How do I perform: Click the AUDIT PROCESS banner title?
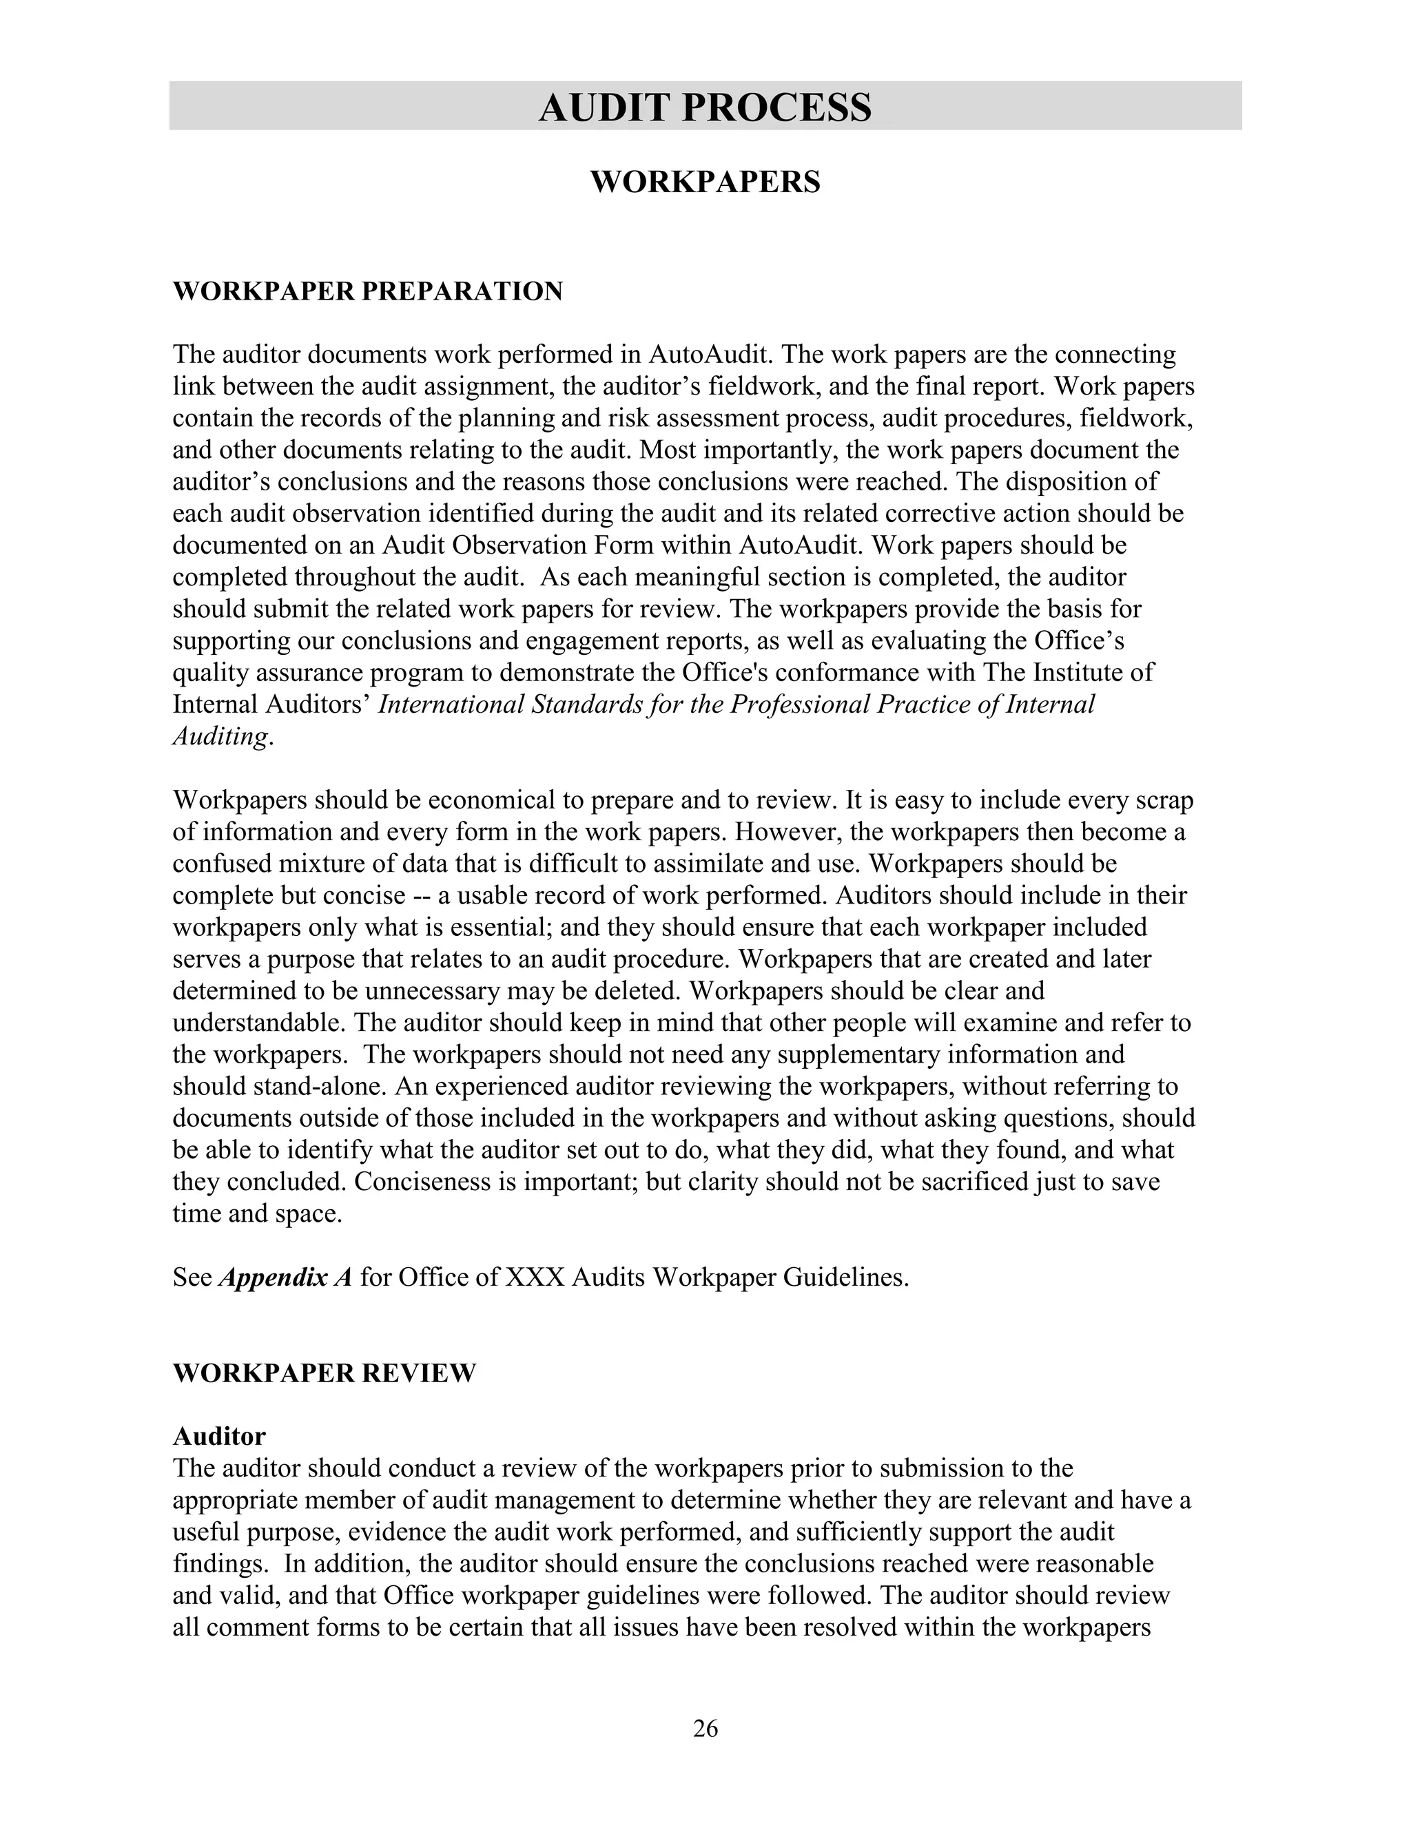click(705, 108)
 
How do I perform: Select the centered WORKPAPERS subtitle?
click(705, 182)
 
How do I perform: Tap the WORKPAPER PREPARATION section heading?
click(368, 291)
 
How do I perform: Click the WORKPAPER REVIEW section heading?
click(325, 1373)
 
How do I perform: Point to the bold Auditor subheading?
click(219, 1436)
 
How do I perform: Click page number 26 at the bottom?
click(705, 1728)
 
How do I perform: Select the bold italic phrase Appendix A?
click(286, 1277)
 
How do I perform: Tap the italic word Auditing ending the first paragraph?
click(220, 736)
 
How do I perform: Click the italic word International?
click(451, 705)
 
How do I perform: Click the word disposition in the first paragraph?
click(1063, 482)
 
